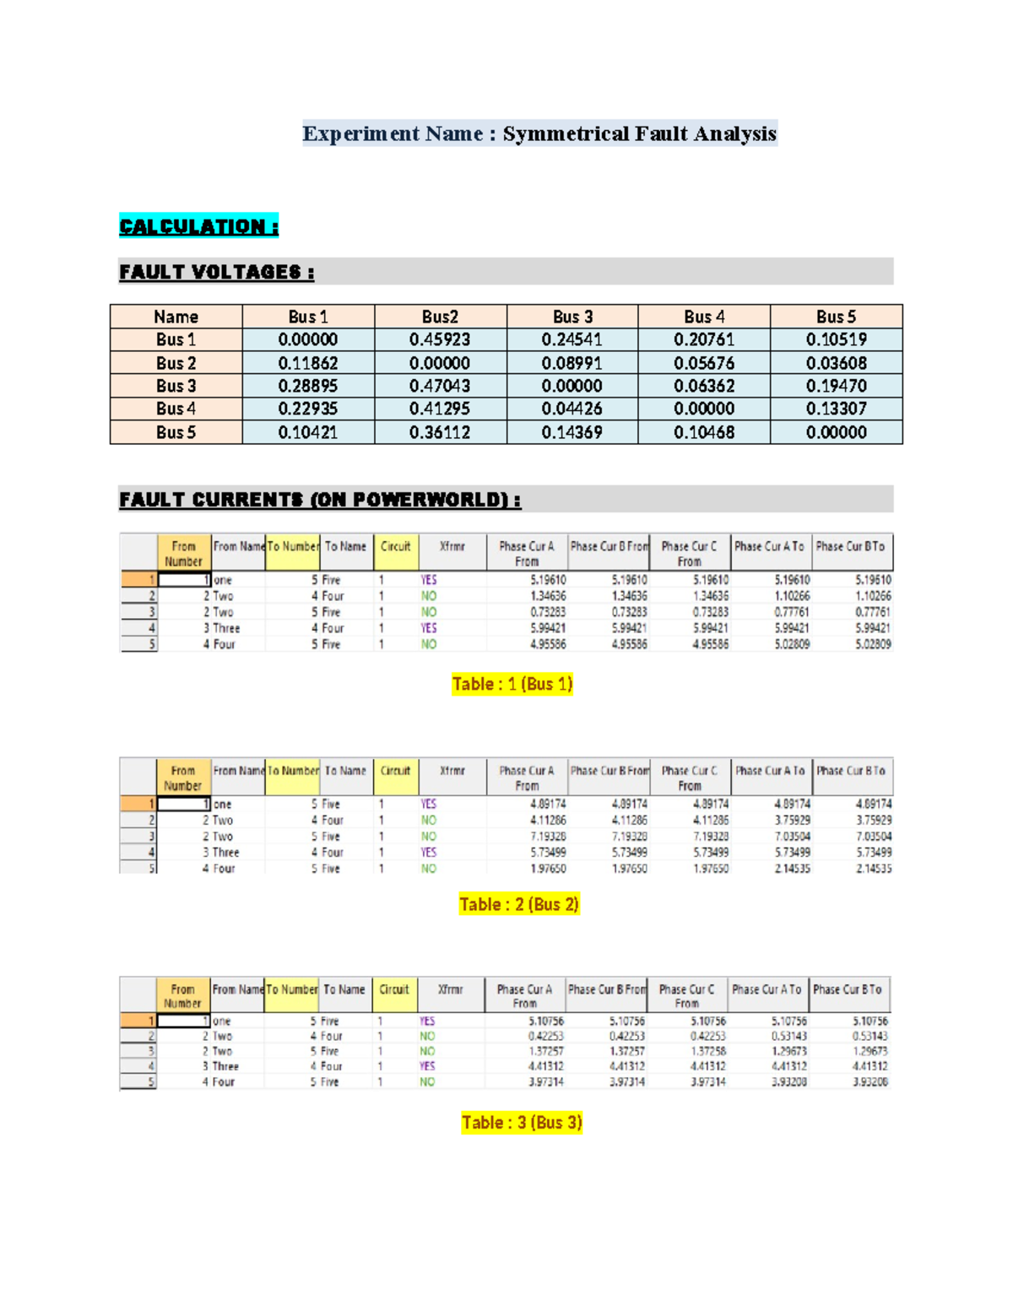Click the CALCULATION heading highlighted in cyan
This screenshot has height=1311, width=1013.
(x=198, y=226)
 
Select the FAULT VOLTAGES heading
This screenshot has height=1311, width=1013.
(x=217, y=272)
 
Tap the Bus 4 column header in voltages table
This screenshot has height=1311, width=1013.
(x=704, y=317)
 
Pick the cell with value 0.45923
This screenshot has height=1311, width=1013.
(x=440, y=339)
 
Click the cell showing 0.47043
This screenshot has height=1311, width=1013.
(x=440, y=386)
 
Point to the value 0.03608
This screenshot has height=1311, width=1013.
(x=836, y=363)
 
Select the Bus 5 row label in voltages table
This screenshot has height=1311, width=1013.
(x=176, y=432)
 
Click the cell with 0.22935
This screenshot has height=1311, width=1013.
(x=308, y=409)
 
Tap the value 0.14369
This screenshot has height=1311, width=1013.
(x=572, y=432)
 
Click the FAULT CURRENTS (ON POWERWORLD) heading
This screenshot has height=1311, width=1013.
(x=320, y=500)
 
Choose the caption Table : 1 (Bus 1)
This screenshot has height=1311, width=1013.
(x=512, y=684)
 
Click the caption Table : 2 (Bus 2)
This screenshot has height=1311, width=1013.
(x=519, y=904)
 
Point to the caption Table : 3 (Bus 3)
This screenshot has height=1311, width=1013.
(x=522, y=1123)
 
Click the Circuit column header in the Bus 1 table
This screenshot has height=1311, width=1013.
(x=395, y=547)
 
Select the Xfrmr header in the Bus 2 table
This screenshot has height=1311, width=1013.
(x=452, y=771)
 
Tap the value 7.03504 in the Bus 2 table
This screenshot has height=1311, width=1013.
(x=791, y=837)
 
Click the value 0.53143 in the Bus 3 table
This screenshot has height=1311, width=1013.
(x=788, y=1036)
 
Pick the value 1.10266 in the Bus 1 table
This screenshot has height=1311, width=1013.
(x=791, y=596)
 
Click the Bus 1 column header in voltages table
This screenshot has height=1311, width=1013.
(x=308, y=317)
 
